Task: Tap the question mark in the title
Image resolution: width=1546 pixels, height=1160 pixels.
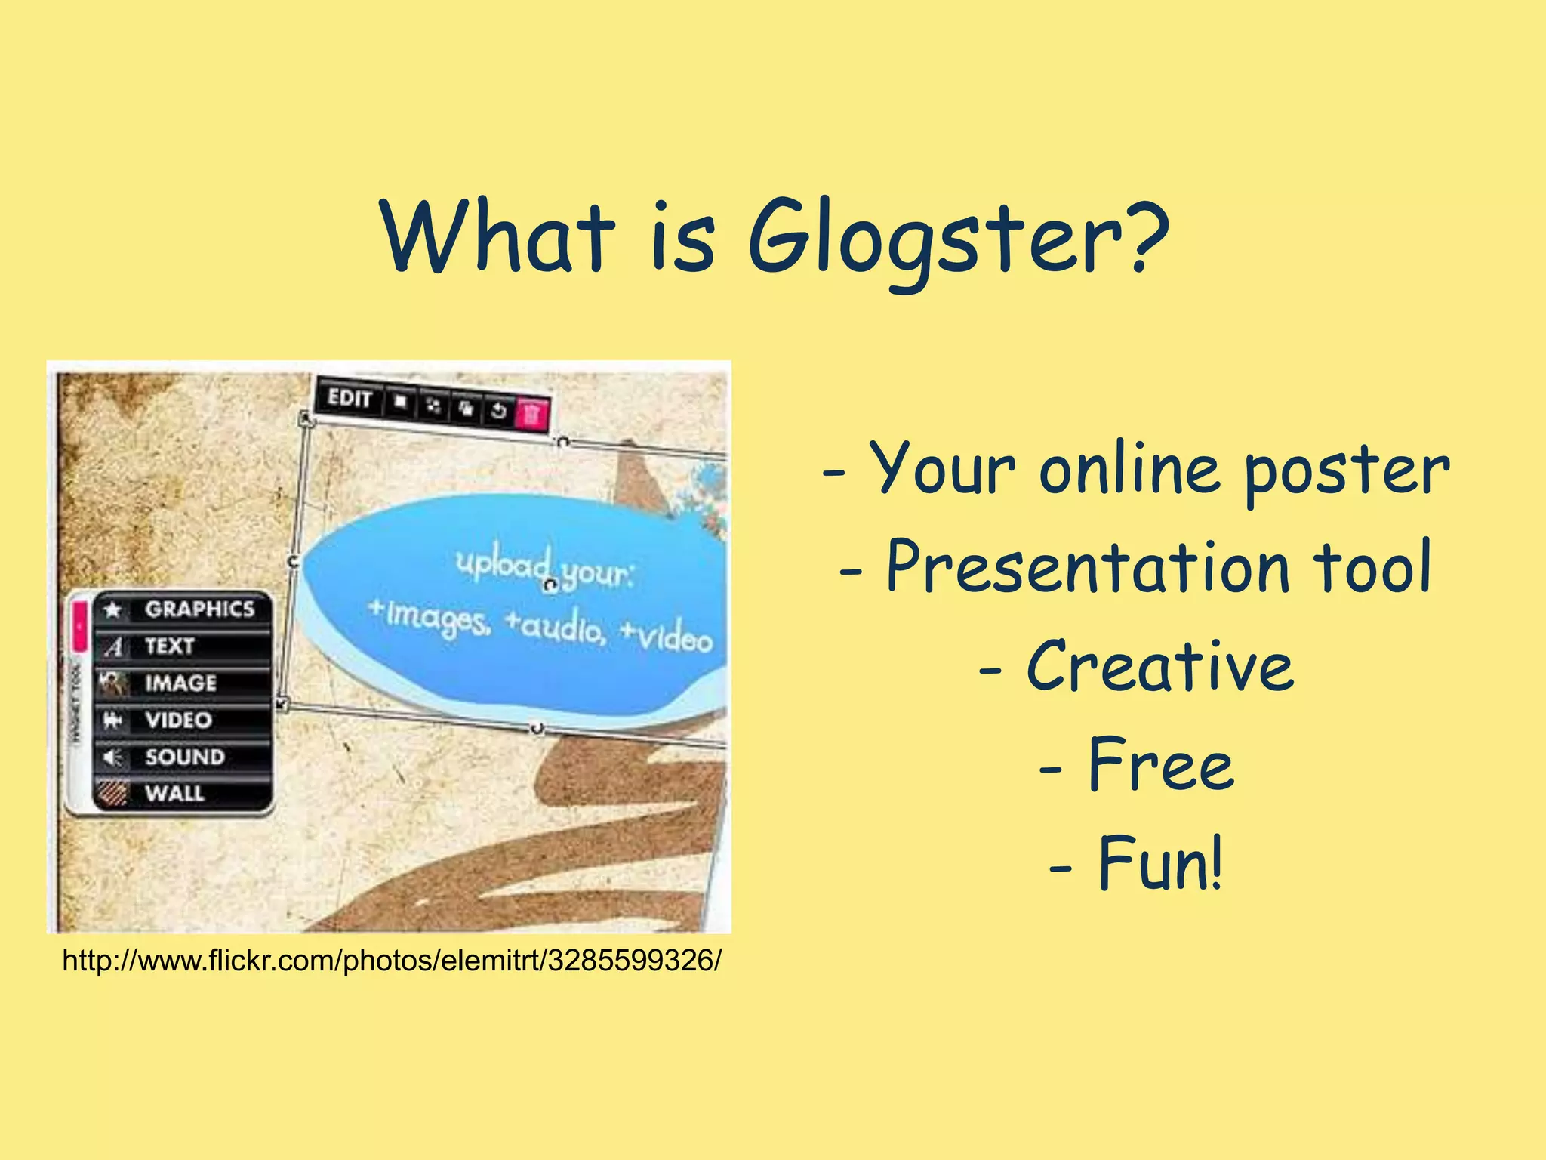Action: [1144, 236]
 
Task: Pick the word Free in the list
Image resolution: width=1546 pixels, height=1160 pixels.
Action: [1160, 764]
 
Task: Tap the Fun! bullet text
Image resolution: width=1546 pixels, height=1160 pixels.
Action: [1159, 862]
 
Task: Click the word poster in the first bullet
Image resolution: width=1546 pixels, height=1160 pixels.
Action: [1345, 470]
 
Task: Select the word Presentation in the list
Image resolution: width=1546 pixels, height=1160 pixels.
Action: [1087, 568]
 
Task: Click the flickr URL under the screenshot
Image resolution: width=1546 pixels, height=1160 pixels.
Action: [392, 961]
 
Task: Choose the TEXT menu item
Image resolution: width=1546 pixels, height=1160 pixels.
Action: [170, 646]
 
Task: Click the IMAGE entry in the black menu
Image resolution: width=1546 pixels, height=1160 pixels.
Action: [180, 683]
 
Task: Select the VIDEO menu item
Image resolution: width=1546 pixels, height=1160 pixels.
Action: [178, 720]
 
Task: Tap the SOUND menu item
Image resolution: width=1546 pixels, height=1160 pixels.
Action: [185, 757]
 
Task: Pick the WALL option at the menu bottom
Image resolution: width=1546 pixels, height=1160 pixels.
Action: [174, 793]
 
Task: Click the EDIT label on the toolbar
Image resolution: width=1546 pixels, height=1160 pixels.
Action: [350, 397]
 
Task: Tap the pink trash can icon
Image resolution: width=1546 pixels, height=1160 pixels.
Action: [531, 413]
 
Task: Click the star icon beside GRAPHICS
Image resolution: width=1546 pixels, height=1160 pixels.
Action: [113, 609]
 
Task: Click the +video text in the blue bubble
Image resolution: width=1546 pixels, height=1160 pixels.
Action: [666, 636]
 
